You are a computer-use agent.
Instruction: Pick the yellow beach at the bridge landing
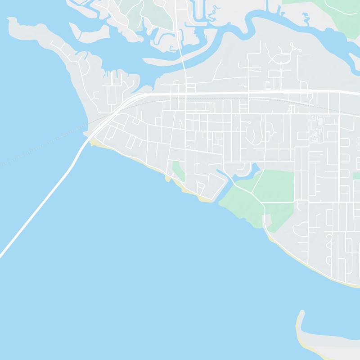point(96,143)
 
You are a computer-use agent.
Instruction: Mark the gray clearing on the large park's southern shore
point(266,220)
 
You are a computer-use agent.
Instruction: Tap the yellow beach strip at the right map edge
point(353,284)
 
